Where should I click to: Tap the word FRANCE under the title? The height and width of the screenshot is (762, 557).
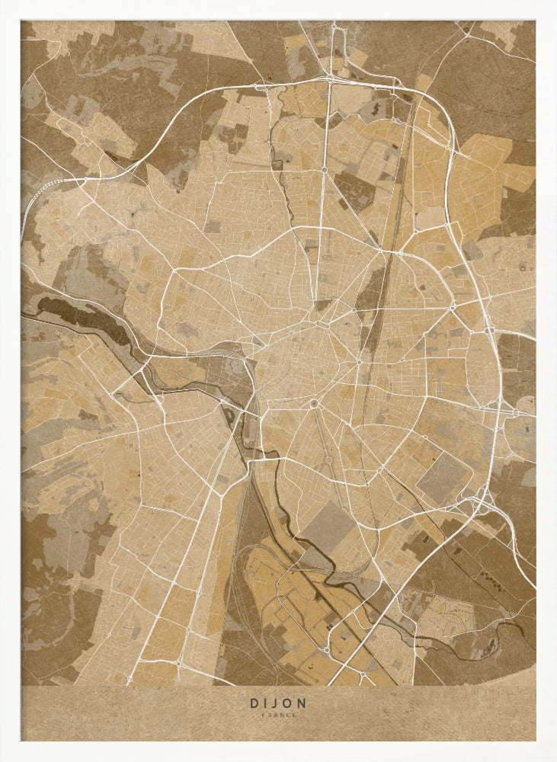point(278,716)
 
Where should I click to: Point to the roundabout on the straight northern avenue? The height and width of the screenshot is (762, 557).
point(324,169)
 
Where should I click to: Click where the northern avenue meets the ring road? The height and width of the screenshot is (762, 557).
point(330,78)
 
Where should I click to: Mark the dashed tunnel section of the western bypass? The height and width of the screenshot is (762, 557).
point(50,183)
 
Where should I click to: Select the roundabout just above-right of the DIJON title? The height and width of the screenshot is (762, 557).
point(325,652)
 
